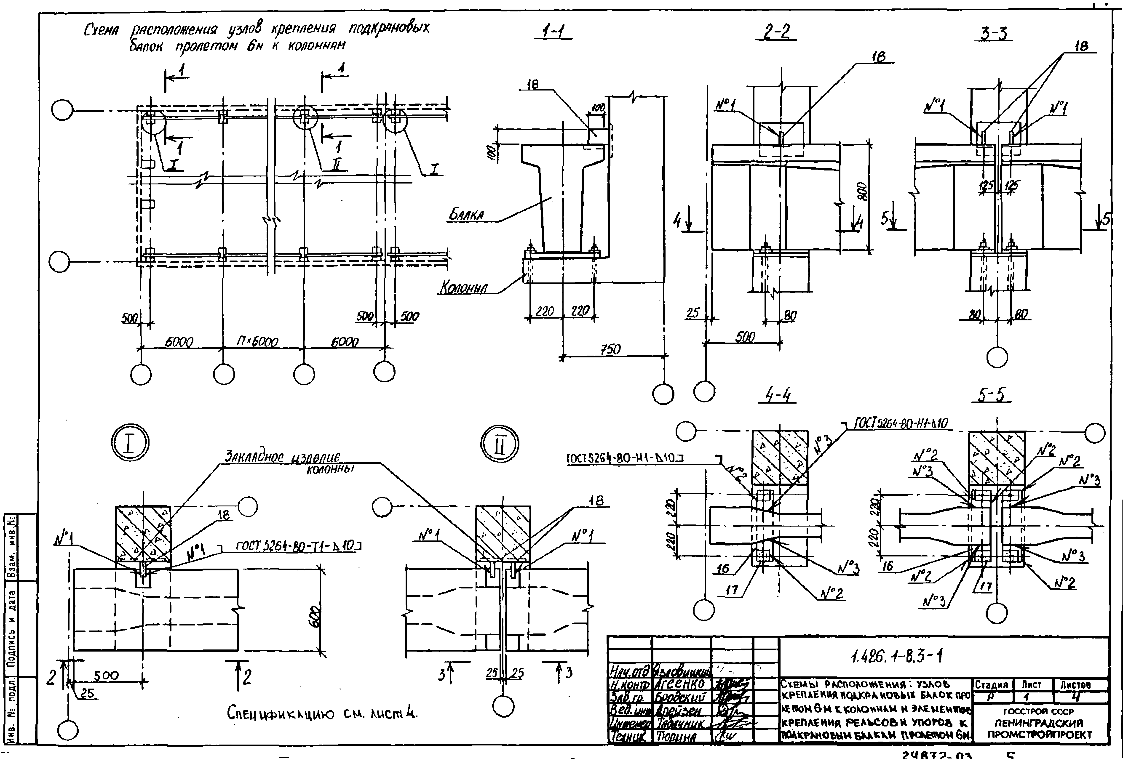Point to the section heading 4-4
778,396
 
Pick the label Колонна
463,288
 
